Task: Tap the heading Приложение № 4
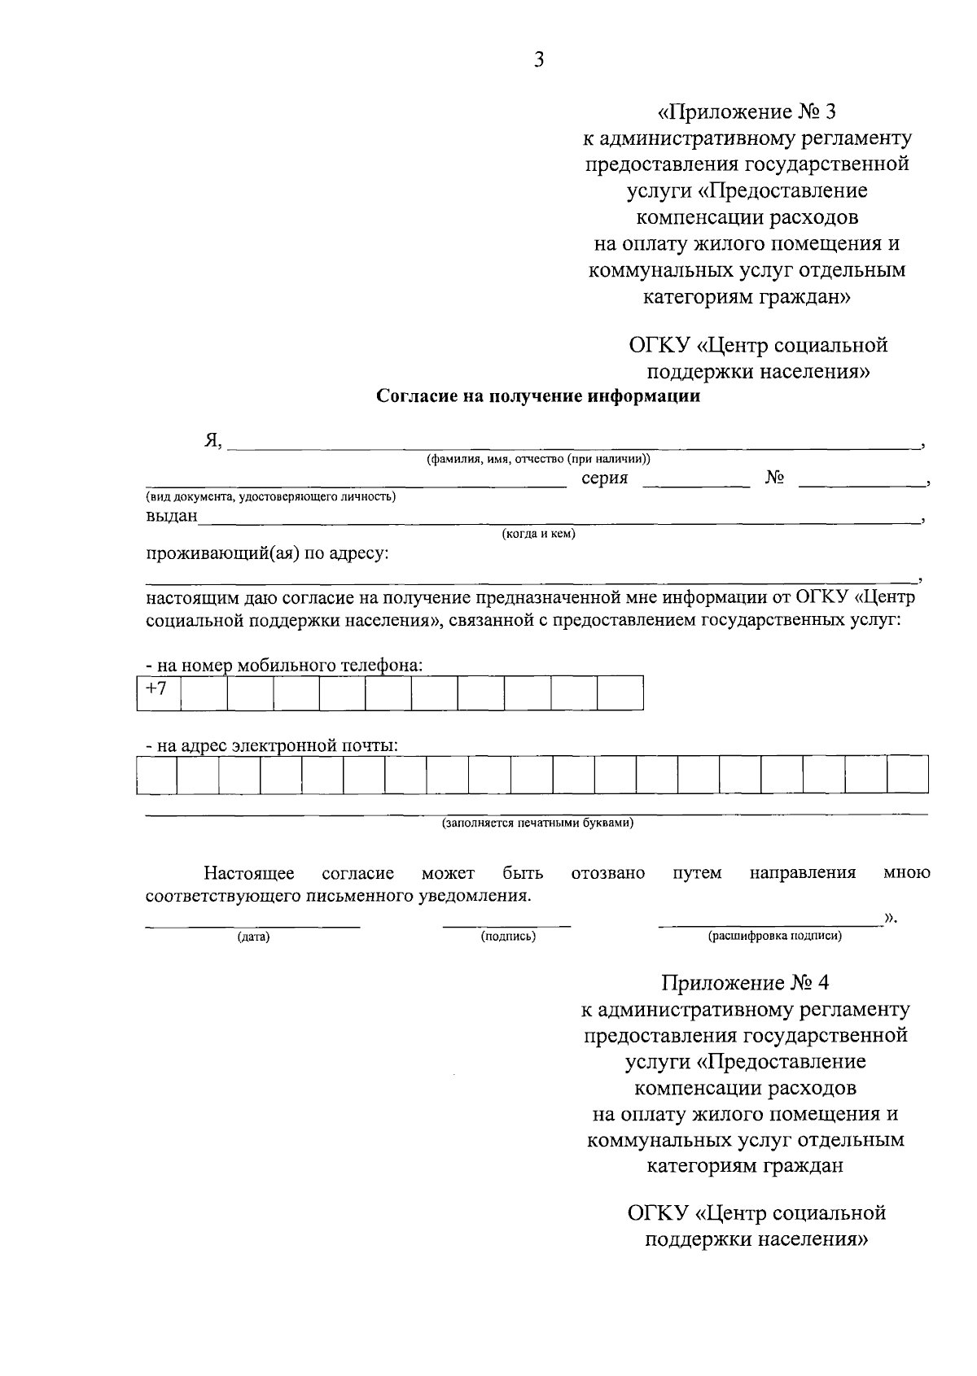[745, 982]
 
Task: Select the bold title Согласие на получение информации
[538, 396]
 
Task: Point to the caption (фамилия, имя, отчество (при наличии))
[538, 460]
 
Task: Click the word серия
[604, 478]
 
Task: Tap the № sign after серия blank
[774, 478]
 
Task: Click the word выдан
[172, 516]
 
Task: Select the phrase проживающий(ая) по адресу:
[268, 554]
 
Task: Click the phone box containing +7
[158, 692]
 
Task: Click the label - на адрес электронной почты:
[272, 745]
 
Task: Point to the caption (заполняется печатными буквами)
[537, 823]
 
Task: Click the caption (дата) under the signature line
[253, 937]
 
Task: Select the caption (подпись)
[508, 937]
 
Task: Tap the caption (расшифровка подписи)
[775, 937]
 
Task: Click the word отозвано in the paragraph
[608, 873]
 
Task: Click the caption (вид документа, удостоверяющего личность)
[271, 496]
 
